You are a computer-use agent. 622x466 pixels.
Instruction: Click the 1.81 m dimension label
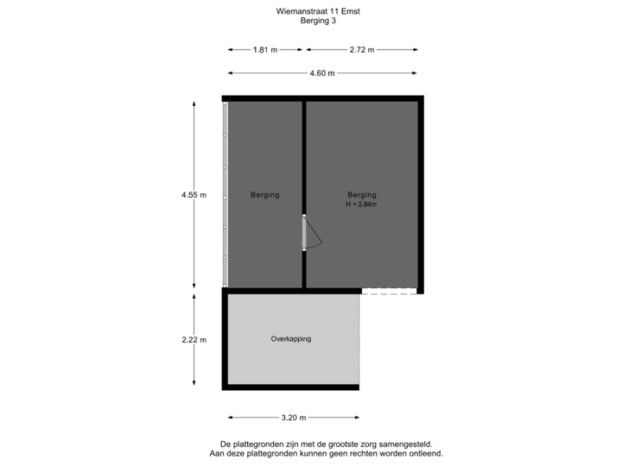pos(265,49)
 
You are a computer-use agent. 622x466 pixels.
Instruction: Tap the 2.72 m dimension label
pos(362,49)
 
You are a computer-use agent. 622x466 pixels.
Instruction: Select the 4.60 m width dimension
pos(322,72)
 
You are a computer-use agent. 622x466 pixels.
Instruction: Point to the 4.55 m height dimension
pos(194,194)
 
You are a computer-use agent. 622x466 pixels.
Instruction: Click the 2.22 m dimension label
pos(194,340)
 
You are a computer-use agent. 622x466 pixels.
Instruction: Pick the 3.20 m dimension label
pos(294,418)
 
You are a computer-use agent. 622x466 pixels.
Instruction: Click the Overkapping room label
pos(291,339)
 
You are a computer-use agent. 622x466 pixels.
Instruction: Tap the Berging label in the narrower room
pos(265,194)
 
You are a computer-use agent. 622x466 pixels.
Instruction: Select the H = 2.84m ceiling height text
pos(361,205)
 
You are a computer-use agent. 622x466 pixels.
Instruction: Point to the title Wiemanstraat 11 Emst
pos(318,11)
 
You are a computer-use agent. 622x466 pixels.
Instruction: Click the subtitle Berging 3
pos(318,21)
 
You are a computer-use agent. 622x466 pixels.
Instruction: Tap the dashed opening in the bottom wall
pos(389,292)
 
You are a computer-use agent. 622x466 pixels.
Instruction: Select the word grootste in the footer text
pos(322,444)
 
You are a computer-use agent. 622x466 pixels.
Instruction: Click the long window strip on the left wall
pos(225,194)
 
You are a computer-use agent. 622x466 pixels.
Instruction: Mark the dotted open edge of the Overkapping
pos(359,339)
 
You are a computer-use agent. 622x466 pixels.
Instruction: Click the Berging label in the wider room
pos(362,194)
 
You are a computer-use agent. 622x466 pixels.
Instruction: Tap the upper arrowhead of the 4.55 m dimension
pos(194,104)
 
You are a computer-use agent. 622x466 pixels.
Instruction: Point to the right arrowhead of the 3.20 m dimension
pos(357,418)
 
